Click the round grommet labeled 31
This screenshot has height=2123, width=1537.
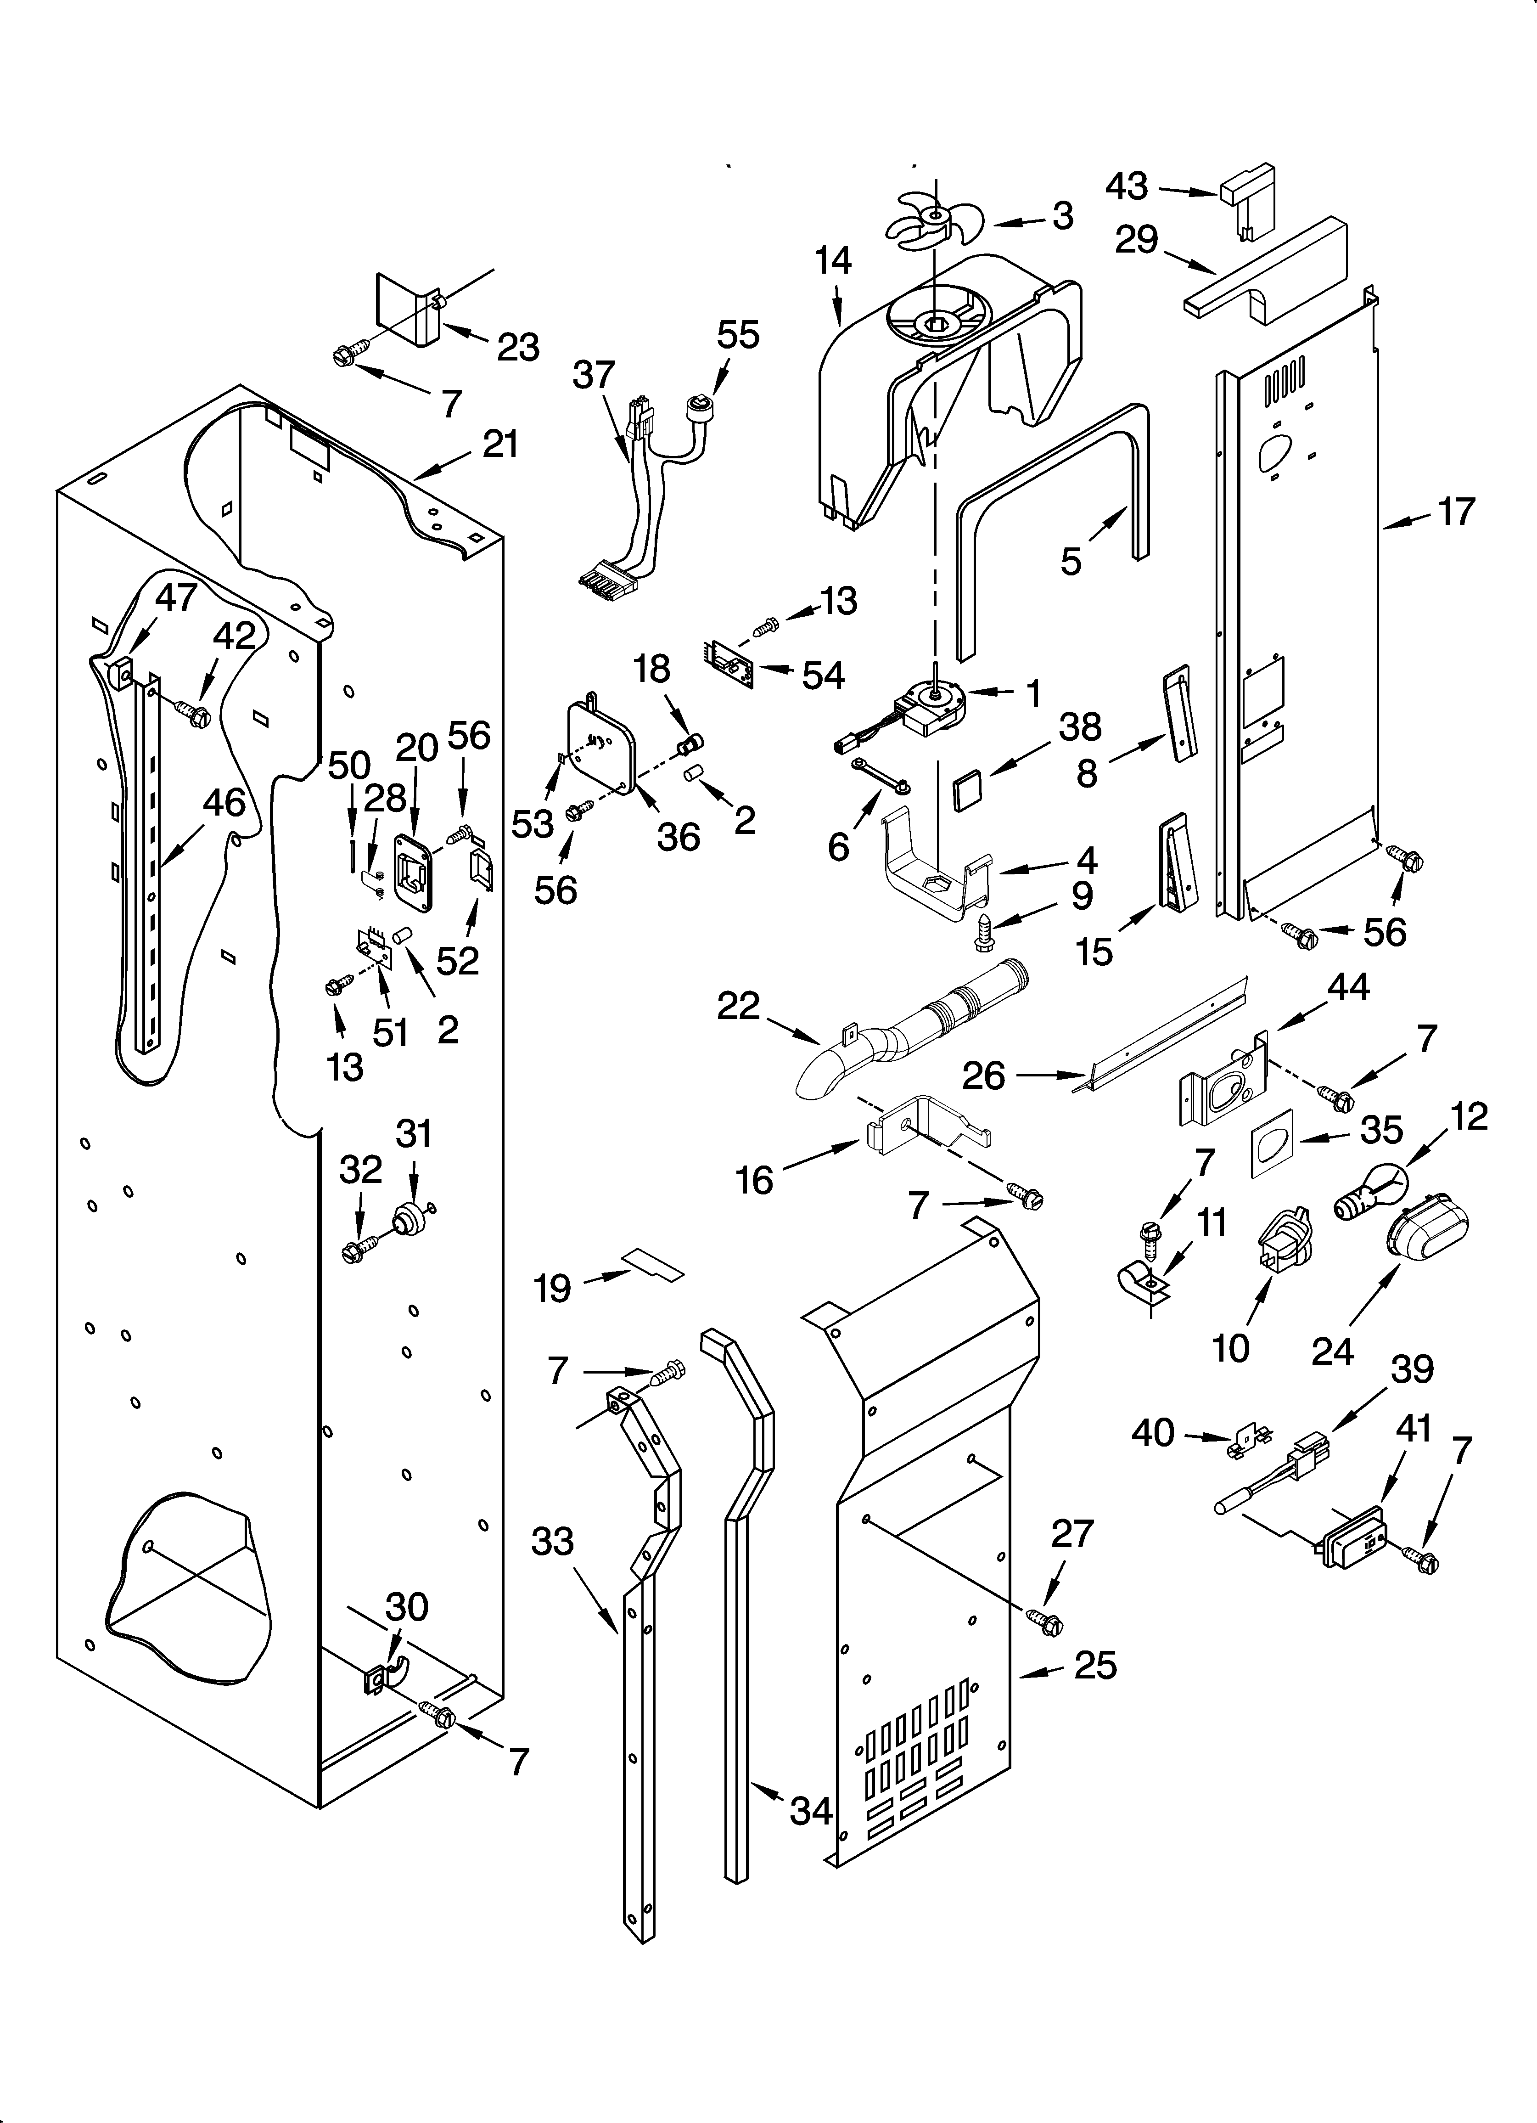click(408, 1219)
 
